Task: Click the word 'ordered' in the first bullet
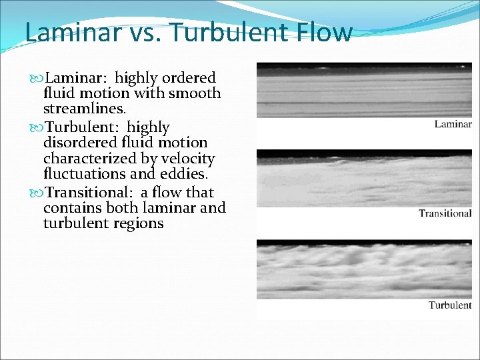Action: click(190, 78)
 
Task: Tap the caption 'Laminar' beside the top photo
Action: click(453, 124)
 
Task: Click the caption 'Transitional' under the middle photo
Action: click(445, 213)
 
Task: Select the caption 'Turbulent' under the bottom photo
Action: click(449, 305)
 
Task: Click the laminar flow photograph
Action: click(364, 90)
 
